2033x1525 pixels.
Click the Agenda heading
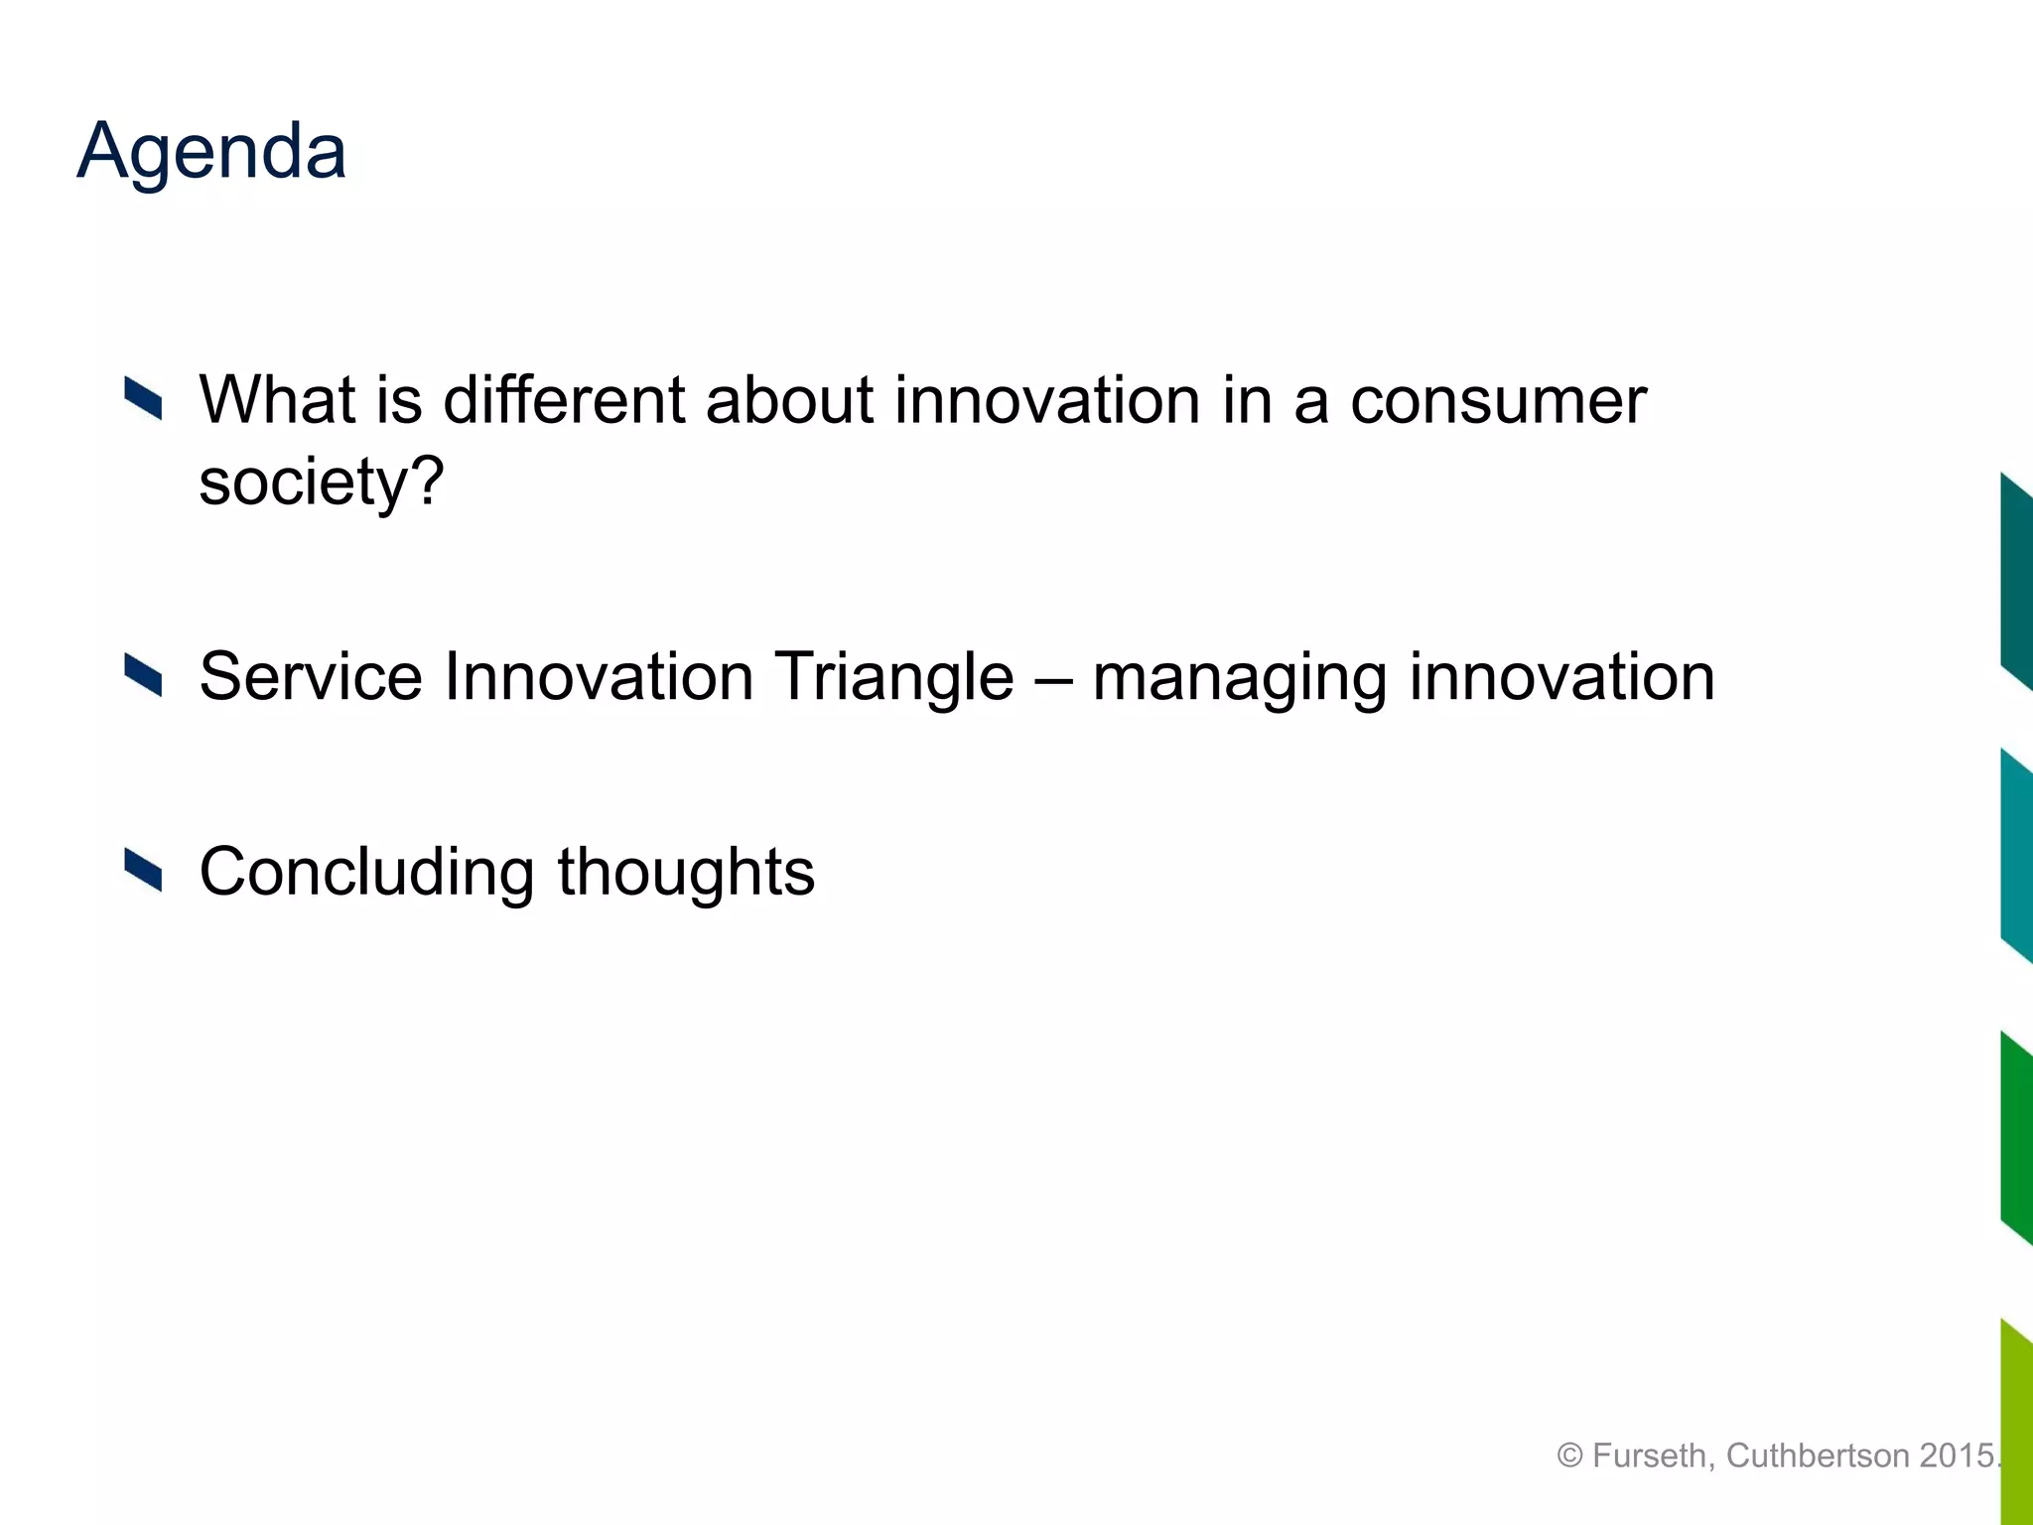tap(211, 151)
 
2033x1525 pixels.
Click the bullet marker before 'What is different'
tap(143, 399)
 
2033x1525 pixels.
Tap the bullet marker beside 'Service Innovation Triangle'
tap(143, 676)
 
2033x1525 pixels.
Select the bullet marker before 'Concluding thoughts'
tap(143, 871)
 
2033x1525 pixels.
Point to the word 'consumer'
tap(1498, 400)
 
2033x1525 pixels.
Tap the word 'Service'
tap(311, 677)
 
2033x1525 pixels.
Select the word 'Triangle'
tap(893, 677)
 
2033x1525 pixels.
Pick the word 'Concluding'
tap(366, 872)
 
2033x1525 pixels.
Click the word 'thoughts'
tap(686, 872)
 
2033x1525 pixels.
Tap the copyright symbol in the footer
tap(1569, 1456)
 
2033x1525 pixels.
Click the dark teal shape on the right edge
tap(2016, 583)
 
